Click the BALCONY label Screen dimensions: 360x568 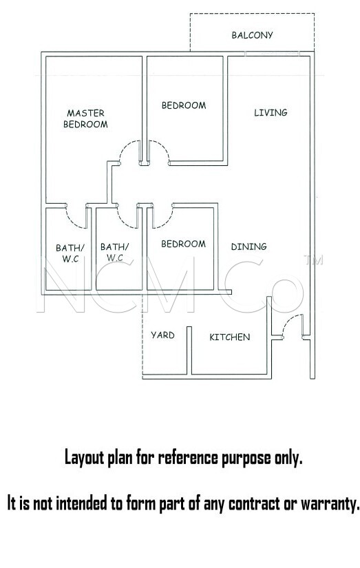pos(252,35)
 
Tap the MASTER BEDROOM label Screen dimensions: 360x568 pos(85,119)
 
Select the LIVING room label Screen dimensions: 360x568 pos(271,113)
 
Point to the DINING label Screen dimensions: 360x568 pos(248,246)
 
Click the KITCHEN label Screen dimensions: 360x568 pos(230,337)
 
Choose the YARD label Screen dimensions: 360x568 pos(162,335)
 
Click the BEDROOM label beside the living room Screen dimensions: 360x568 pos(184,105)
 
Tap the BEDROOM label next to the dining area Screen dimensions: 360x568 pos(183,244)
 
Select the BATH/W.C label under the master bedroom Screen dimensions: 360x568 pos(70,253)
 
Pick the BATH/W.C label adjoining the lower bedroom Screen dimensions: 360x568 pos(114,252)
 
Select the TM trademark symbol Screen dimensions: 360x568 pos(314,260)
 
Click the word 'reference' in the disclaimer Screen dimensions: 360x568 pos(188,458)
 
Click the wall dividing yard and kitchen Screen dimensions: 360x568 pos(189,350)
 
